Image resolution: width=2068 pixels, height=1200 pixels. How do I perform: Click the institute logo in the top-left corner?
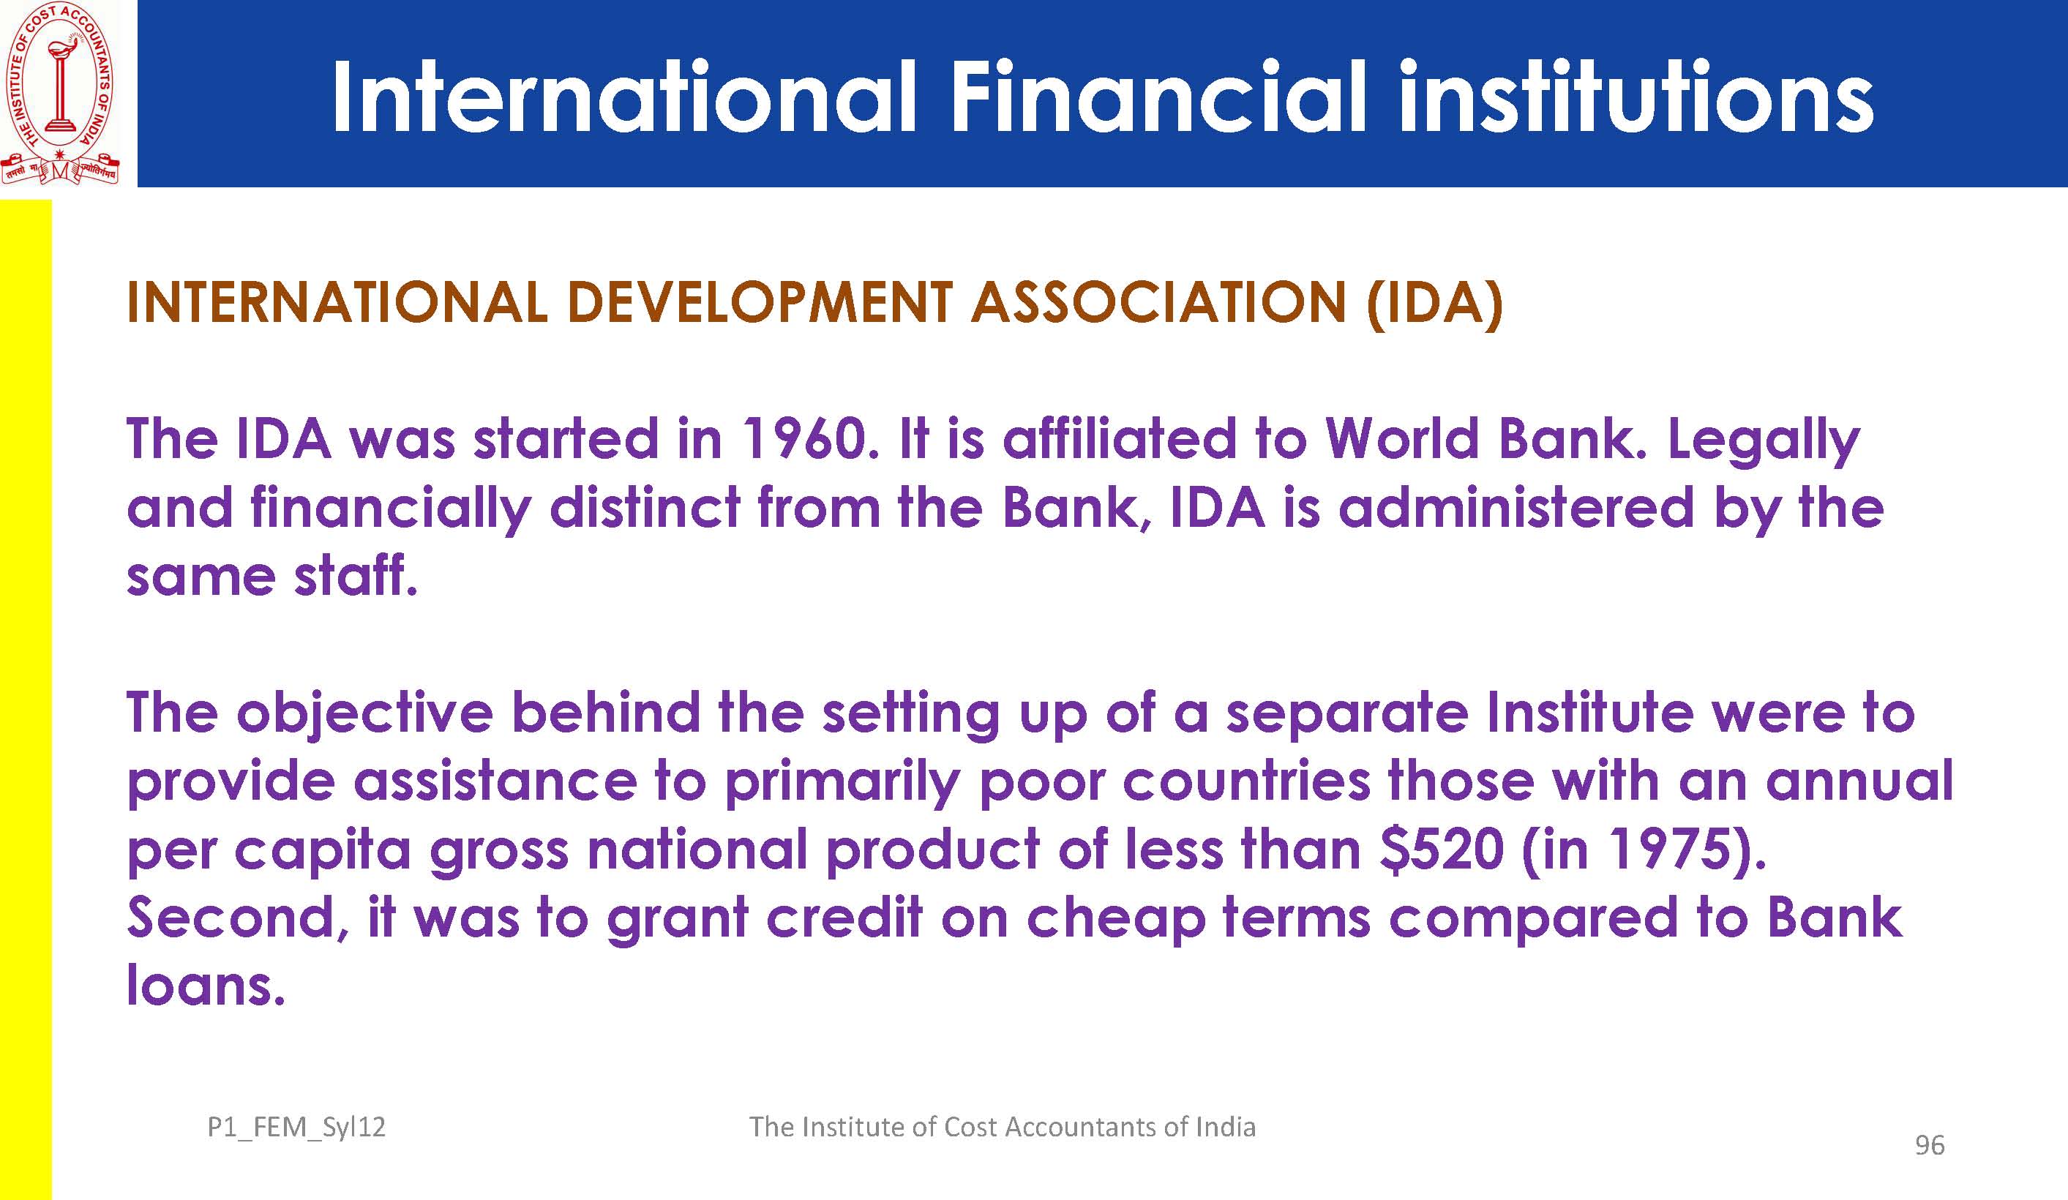point(60,94)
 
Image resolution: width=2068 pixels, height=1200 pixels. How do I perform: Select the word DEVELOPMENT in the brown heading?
point(759,302)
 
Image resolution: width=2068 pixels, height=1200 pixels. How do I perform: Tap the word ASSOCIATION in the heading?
point(1158,302)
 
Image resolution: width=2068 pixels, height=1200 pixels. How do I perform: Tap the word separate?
point(1346,714)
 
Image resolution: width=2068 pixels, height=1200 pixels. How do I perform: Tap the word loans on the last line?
point(205,985)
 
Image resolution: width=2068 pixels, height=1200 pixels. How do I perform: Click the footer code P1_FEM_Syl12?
point(296,1128)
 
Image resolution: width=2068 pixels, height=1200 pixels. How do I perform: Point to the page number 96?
point(1929,1145)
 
